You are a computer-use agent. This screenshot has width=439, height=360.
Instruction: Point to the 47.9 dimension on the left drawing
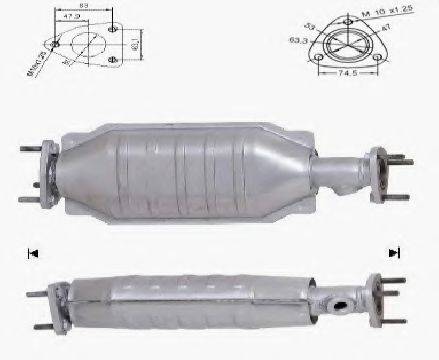coord(69,17)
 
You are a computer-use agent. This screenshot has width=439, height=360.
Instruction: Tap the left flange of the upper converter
coord(45,170)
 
